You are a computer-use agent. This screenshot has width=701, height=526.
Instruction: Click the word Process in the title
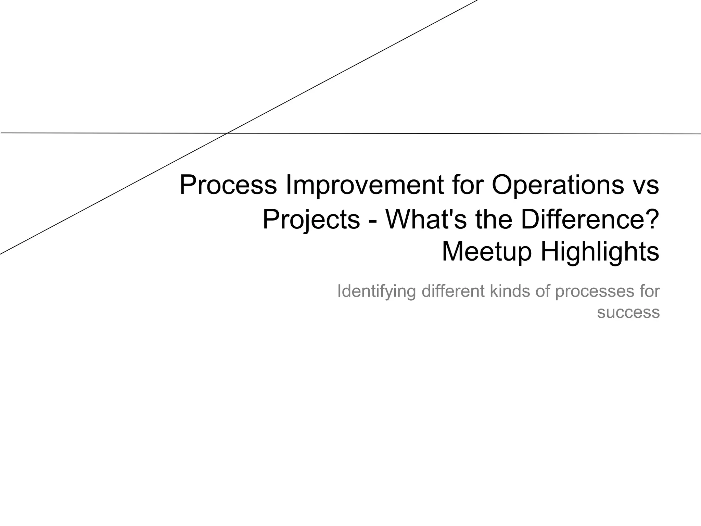[228, 185]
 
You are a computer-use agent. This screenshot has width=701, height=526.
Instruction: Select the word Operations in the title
[558, 185]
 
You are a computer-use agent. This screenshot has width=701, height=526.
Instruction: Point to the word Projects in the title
[311, 220]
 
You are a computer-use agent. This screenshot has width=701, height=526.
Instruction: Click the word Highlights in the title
[600, 252]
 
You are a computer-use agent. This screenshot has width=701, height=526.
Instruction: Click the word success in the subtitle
[628, 312]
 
